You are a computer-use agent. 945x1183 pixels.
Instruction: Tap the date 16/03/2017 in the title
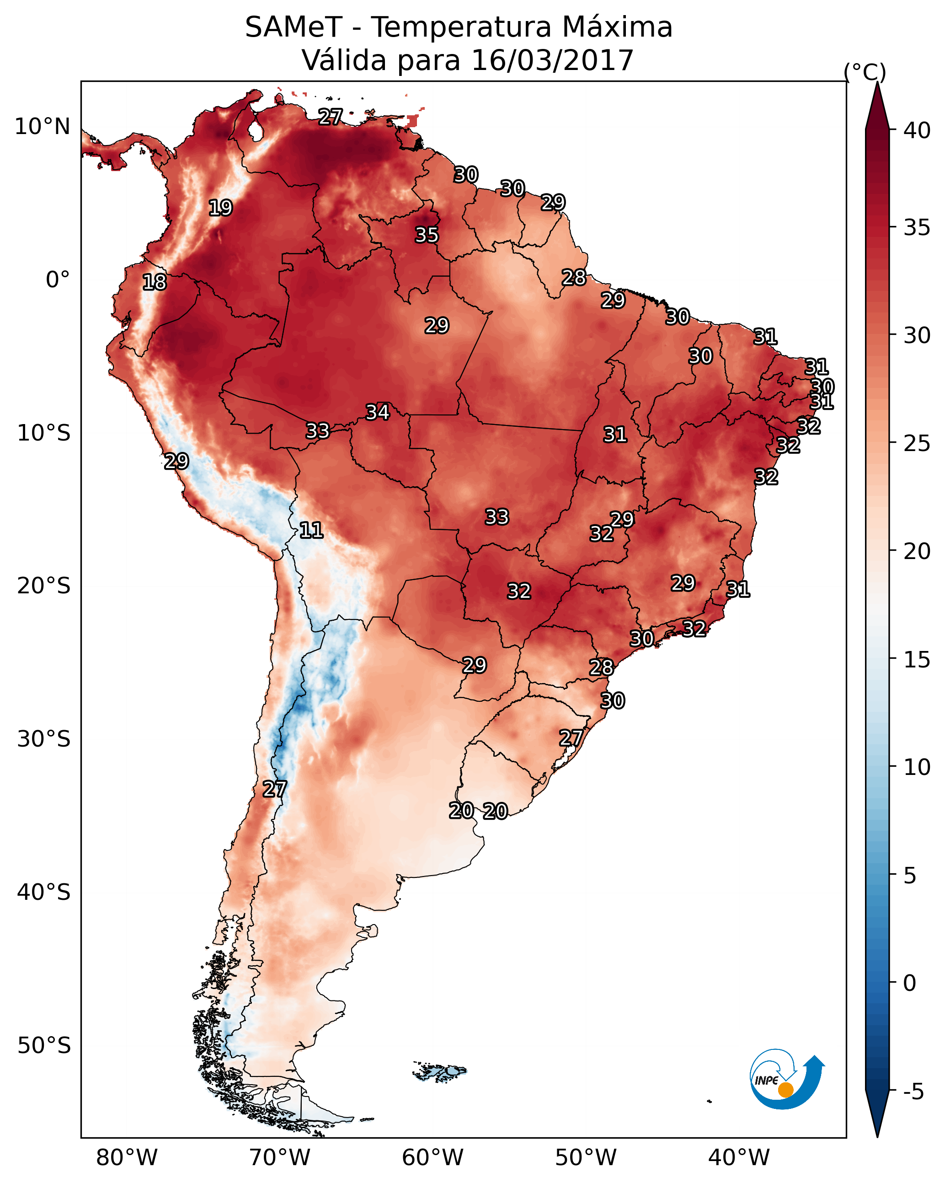click(x=552, y=60)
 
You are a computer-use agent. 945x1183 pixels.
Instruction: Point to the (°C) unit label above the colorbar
click(x=865, y=72)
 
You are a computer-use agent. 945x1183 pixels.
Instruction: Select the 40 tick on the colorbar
click(x=917, y=130)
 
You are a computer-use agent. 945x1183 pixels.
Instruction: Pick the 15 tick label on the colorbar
click(x=917, y=660)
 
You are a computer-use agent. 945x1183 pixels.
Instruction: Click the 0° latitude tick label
click(x=58, y=280)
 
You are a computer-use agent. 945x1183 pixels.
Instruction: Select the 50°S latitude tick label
click(x=44, y=1046)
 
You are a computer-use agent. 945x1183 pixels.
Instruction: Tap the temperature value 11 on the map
click(x=311, y=530)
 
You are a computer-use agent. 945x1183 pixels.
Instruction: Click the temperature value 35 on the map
click(x=427, y=235)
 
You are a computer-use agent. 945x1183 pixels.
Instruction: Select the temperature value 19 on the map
click(x=220, y=208)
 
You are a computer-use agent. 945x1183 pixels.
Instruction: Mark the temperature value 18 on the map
click(x=154, y=282)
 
